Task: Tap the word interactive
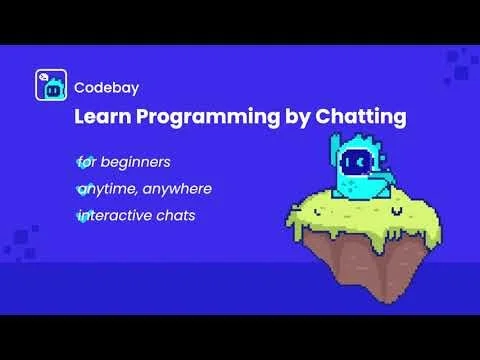(x=118, y=216)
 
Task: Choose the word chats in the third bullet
(x=181, y=216)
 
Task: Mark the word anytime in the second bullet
(x=104, y=188)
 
